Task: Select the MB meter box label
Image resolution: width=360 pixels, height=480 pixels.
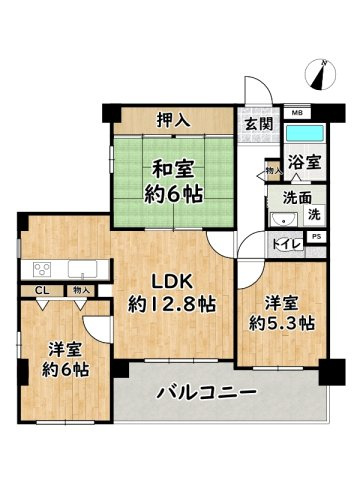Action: [x=296, y=113]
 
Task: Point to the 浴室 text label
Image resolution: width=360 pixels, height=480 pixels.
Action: [x=304, y=160]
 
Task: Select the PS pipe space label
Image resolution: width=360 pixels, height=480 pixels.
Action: [x=316, y=236]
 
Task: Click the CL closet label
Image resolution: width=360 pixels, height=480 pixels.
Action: [x=42, y=290]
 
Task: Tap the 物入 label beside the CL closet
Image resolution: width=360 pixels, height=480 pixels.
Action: [x=79, y=290]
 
